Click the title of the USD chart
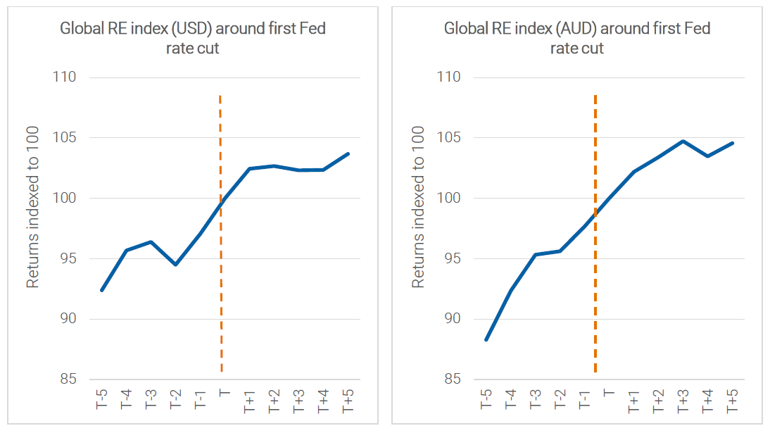(192, 38)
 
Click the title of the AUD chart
(576, 38)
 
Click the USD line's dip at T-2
(175, 264)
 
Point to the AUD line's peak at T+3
(683, 141)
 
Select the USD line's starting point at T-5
(102, 290)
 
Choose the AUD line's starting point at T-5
(486, 339)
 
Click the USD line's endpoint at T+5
(348, 153)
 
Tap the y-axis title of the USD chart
(32, 208)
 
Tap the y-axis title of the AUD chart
(418, 208)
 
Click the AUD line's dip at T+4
(707, 156)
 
